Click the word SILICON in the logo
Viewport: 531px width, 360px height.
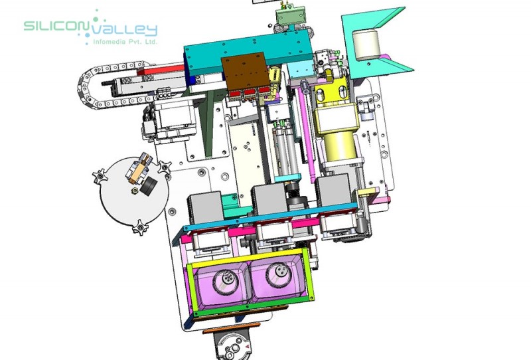click(55, 26)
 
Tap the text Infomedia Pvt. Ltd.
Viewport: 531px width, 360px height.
click(125, 42)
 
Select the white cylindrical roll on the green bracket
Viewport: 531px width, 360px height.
click(366, 45)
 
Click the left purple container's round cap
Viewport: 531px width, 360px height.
click(225, 280)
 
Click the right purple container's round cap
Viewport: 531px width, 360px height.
click(279, 271)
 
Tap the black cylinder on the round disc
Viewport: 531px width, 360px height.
click(148, 186)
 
